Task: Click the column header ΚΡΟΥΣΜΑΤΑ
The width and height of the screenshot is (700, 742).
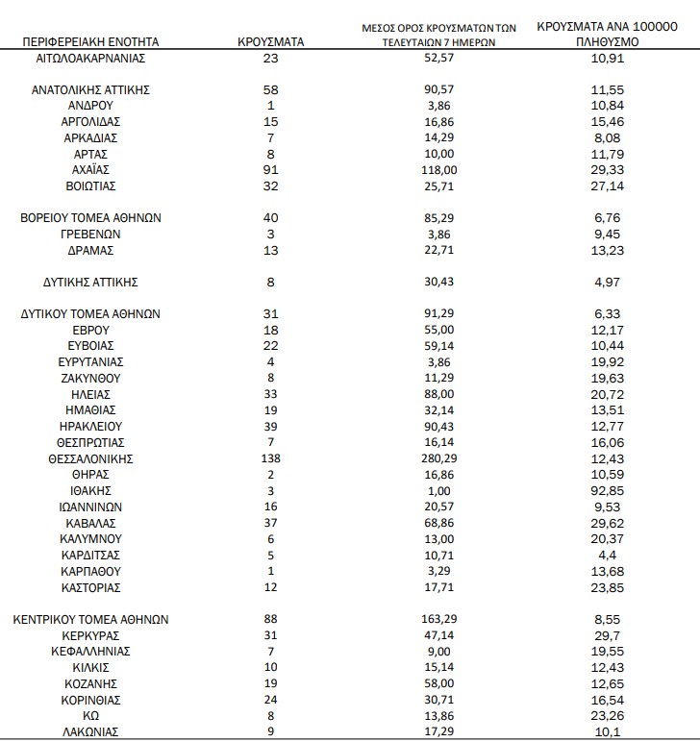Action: click(270, 42)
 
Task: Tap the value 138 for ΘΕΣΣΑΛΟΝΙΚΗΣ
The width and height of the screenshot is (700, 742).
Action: click(270, 458)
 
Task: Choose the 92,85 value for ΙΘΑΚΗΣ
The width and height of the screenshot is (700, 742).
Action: click(611, 490)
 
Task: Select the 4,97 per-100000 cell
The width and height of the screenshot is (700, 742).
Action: click(611, 282)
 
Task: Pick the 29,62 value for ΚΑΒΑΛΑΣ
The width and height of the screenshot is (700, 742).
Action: click(611, 523)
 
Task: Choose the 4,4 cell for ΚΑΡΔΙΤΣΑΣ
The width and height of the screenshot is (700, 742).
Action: click(611, 555)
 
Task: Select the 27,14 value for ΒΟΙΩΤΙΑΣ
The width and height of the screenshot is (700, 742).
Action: click(611, 185)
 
